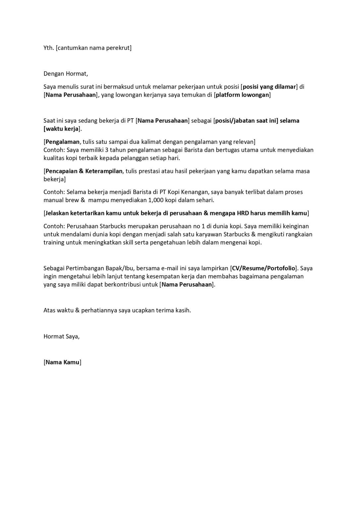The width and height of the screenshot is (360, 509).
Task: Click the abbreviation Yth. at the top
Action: click(48, 48)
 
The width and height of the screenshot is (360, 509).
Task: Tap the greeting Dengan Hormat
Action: click(66, 74)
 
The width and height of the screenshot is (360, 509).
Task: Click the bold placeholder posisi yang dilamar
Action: click(269, 87)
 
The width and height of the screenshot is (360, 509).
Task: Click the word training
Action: click(54, 243)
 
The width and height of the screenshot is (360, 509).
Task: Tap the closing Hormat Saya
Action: click(61, 337)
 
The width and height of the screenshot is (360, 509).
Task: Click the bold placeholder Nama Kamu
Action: click(62, 362)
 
